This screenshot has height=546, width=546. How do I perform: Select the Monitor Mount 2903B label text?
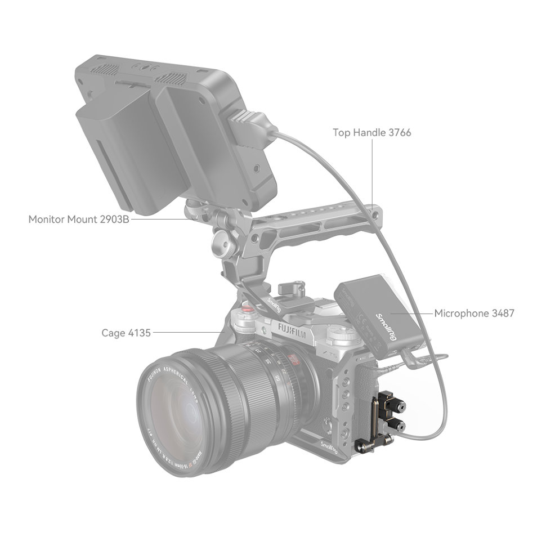79,219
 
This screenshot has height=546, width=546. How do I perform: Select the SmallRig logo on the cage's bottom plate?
328,448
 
